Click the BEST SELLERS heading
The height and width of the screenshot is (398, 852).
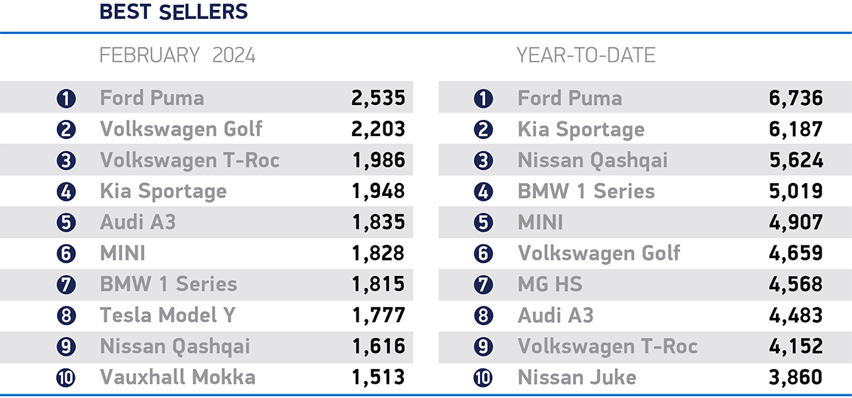173,12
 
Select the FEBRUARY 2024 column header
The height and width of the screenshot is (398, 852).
177,55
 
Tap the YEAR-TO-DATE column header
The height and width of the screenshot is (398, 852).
586,55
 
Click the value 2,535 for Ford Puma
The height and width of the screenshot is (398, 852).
378,98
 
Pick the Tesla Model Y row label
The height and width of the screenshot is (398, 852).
168,314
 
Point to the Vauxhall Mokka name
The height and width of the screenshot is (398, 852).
177,377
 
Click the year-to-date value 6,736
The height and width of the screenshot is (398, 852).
795,98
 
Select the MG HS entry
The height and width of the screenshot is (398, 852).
550,284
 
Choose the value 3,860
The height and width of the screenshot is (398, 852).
795,377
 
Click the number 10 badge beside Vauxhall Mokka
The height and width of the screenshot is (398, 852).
66,377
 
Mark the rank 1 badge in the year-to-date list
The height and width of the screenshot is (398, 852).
484,99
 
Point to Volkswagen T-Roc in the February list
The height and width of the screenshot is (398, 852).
190,160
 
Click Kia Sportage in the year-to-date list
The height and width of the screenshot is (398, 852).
581,129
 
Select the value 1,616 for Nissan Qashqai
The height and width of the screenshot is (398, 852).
378,346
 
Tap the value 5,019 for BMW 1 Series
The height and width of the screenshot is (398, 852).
795,192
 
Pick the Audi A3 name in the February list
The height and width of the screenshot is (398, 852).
138,222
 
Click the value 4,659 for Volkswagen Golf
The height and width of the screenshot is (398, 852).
795,253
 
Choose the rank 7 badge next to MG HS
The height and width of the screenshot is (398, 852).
484,284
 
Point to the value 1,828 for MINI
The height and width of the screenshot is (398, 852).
378,253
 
